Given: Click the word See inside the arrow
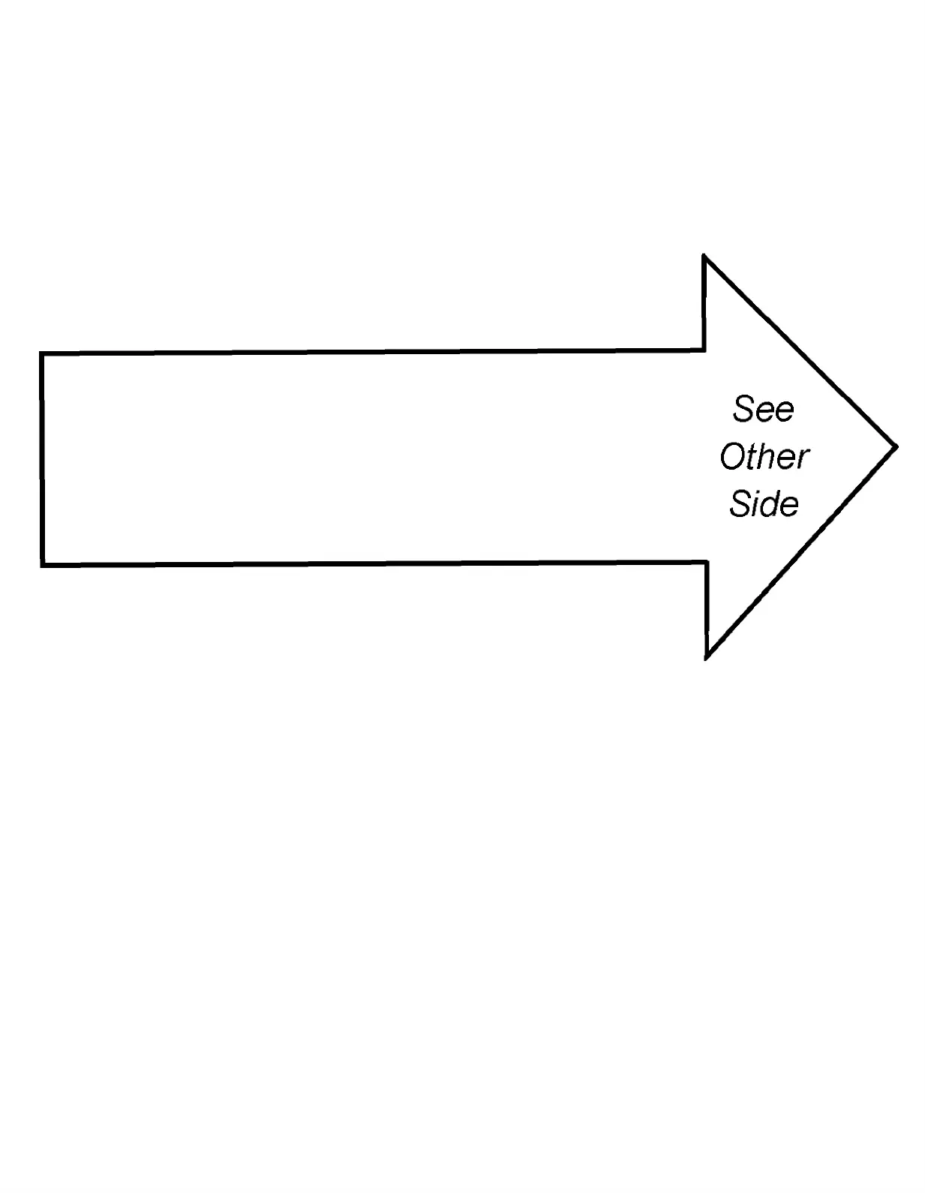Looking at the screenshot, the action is tap(763, 410).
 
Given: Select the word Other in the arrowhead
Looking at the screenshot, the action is tap(764, 456).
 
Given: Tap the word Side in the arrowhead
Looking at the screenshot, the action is tap(764, 503).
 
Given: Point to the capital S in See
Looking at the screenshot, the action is tap(743, 410).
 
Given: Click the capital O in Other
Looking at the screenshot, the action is tap(731, 457).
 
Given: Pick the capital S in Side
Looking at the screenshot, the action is tap(740, 504).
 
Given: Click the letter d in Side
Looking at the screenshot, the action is tap(770, 503).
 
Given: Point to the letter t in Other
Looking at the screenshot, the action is tap(749, 457).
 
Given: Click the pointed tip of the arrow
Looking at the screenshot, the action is tap(896, 447).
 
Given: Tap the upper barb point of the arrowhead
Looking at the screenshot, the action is tap(704, 257).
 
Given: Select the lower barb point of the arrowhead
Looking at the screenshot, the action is tap(707, 658).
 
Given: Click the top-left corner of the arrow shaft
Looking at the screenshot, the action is tap(42, 353).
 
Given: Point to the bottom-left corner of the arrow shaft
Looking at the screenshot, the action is tap(43, 564).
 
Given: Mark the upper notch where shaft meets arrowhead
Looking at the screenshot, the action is tap(703, 350).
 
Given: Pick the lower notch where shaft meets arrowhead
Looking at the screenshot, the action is tap(706, 562).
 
